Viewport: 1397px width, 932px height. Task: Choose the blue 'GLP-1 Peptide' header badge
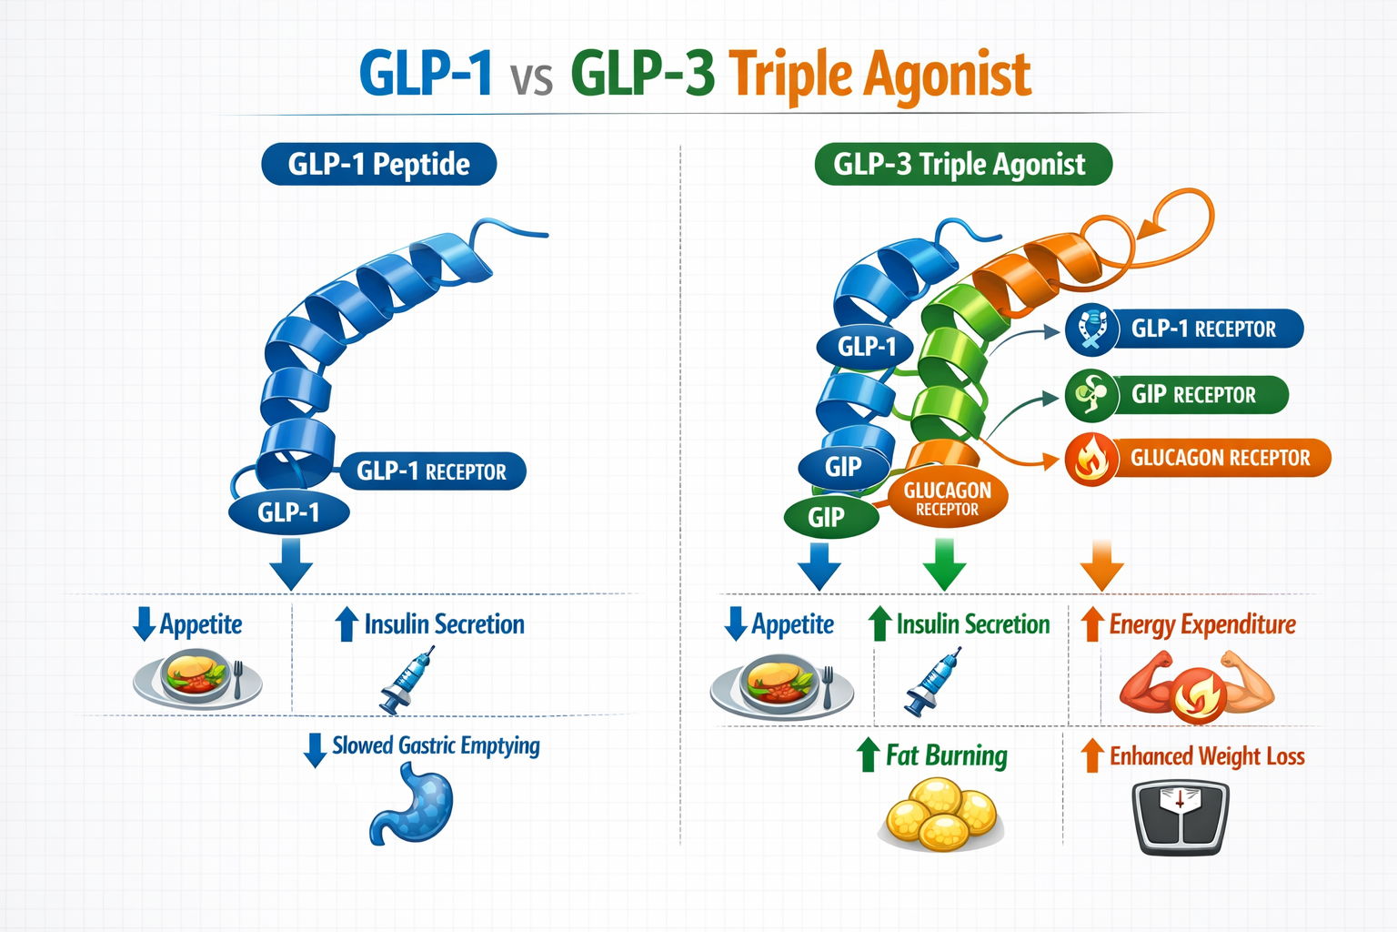tap(378, 165)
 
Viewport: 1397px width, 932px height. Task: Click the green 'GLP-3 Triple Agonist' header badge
tap(962, 165)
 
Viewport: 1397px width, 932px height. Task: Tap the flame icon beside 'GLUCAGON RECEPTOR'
tap(1091, 459)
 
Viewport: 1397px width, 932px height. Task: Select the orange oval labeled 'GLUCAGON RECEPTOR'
tap(947, 498)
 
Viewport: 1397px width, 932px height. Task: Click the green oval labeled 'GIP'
tap(829, 518)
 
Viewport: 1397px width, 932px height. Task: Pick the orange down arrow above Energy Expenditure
tap(1101, 564)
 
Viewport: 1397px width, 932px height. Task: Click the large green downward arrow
tap(944, 564)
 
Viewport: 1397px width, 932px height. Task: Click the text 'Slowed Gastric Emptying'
tap(435, 745)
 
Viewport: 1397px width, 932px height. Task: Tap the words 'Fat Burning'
tap(946, 755)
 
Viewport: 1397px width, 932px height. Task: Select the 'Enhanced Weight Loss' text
tap(1206, 756)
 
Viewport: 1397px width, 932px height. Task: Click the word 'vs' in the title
tap(531, 78)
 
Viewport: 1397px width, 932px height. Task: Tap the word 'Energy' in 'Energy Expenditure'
tap(1141, 624)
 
